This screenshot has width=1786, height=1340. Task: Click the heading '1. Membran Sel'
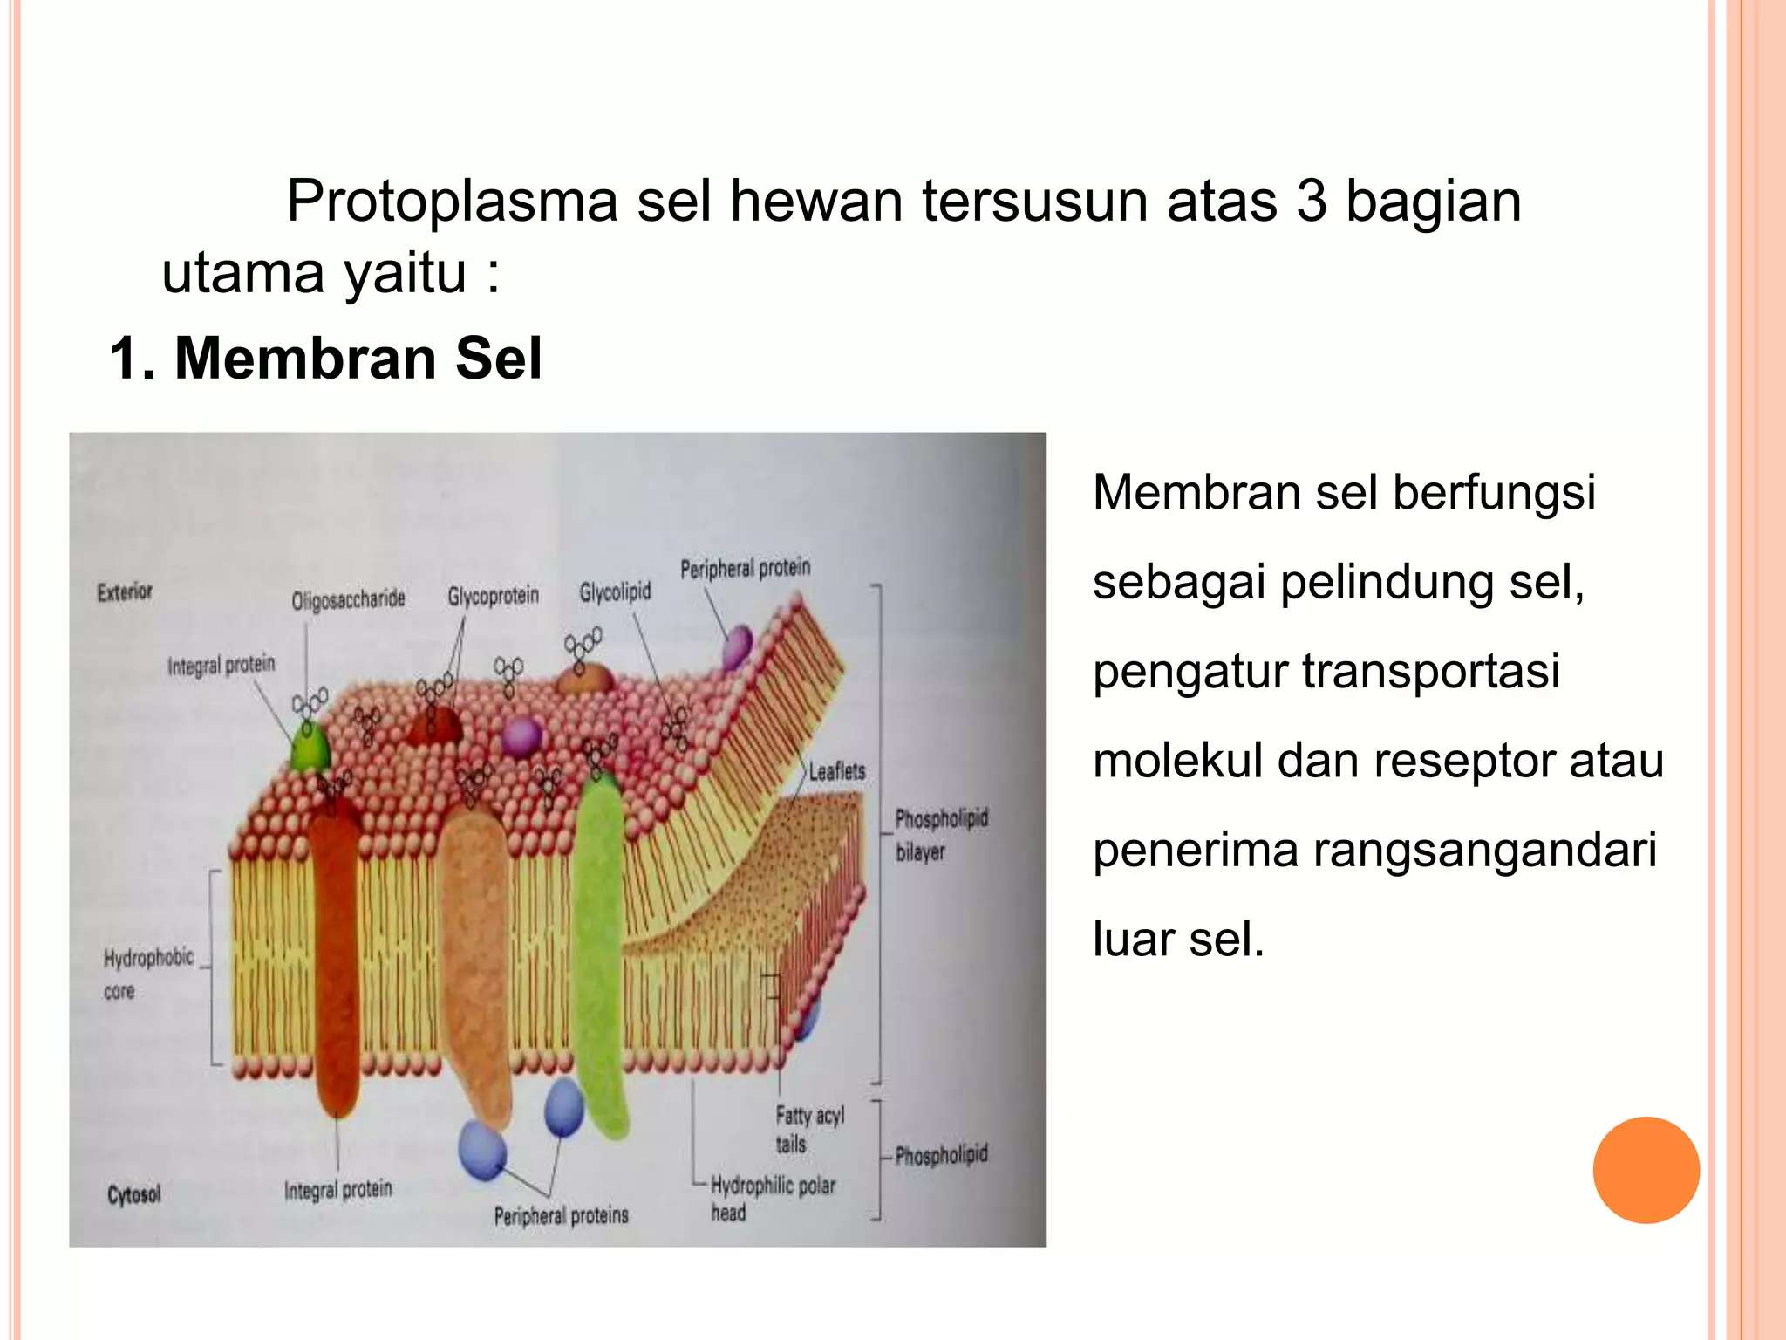[x=324, y=359]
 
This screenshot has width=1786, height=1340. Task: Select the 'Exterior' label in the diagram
[x=125, y=591]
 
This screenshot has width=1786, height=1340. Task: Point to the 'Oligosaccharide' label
[x=348, y=599]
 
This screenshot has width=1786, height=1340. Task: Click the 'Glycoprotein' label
[x=493, y=596]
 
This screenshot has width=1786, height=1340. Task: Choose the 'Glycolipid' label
[x=615, y=592]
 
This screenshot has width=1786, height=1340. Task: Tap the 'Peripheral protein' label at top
[x=745, y=569]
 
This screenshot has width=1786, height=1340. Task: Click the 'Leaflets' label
[x=836, y=771]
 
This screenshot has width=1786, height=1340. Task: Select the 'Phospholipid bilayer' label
[x=941, y=834]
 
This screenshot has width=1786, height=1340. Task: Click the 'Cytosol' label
[x=134, y=1194]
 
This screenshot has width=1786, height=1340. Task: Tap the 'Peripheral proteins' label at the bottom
[x=561, y=1215]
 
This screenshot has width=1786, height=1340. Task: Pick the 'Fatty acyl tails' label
[x=808, y=1129]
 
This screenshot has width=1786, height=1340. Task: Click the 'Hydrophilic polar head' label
[x=772, y=1198]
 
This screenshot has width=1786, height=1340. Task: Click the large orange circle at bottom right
[x=1646, y=1170]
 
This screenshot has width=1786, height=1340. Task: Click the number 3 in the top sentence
[x=1311, y=202]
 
